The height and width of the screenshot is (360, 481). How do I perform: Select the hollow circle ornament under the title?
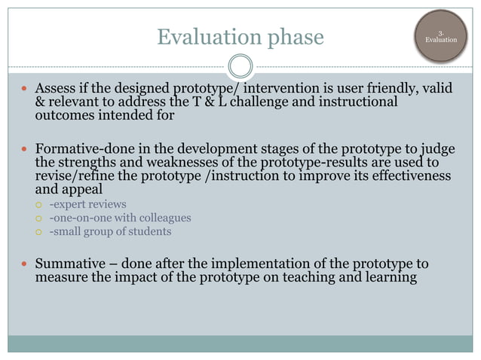(240, 66)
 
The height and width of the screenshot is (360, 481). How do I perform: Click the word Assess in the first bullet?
(56, 90)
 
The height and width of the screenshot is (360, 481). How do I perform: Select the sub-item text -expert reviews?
(87, 204)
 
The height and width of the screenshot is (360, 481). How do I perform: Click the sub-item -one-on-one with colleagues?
(120, 218)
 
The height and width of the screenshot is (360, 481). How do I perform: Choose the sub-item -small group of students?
(110, 231)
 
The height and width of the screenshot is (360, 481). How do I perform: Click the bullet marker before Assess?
(25, 90)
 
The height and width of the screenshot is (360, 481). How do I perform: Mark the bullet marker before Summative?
(25, 265)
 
